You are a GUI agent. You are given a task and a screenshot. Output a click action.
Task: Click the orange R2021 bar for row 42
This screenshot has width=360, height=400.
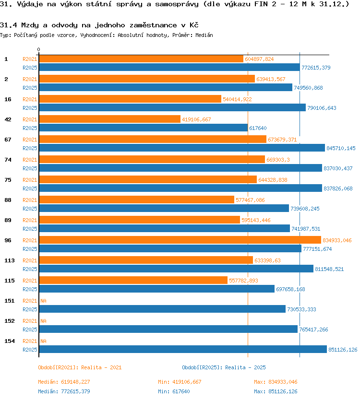110,119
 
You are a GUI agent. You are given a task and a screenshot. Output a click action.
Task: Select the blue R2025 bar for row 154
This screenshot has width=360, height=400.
183,349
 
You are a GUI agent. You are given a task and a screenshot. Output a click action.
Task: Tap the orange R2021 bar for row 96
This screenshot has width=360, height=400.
180,240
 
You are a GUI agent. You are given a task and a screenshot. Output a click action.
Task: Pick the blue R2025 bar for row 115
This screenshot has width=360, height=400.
157,289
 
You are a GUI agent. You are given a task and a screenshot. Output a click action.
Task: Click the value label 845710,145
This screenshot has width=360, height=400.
341,148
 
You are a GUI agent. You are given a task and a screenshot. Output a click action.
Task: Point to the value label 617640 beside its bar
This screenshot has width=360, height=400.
258,128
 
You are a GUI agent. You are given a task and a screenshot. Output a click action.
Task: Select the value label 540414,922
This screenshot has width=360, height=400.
237,99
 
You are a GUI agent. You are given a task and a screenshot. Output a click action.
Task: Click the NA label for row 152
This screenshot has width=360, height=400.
43,321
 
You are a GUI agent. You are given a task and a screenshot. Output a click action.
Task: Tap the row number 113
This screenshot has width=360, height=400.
10,260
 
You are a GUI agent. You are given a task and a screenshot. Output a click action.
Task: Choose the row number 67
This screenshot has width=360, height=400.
8,140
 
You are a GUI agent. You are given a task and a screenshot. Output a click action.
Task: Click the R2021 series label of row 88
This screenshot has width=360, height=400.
30,200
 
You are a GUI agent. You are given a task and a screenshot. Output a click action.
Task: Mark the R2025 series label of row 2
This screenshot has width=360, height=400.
30,88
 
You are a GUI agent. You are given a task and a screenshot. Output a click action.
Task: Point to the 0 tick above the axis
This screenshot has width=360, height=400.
38,49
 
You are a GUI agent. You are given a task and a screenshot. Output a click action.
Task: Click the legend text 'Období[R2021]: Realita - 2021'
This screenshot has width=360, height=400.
80,367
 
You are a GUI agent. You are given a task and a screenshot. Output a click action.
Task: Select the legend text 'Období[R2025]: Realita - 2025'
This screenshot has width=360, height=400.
224,367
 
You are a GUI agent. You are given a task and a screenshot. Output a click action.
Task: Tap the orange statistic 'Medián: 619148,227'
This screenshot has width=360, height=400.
64,382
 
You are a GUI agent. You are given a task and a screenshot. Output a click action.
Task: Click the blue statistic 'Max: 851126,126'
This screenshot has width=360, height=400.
276,391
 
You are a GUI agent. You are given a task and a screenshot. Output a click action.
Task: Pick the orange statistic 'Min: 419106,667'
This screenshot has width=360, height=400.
180,382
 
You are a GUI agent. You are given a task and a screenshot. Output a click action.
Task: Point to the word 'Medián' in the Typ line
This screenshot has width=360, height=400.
204,35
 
